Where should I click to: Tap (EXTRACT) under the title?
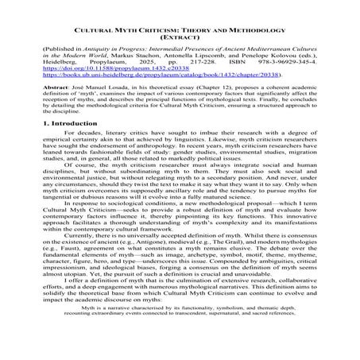[x=180, y=35]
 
